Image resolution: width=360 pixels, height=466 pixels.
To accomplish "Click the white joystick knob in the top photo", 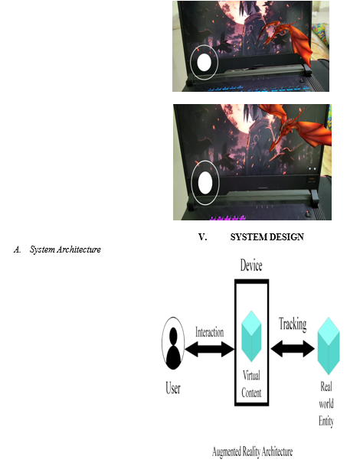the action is click(x=204, y=63).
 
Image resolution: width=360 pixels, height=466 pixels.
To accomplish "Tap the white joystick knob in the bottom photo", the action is click(x=205, y=183).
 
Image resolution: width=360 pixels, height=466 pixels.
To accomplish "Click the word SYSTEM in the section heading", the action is click(x=249, y=237).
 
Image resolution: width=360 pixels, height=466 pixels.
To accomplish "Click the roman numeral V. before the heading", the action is click(x=203, y=237).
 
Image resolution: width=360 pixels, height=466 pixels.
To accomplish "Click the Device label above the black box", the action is click(x=251, y=266).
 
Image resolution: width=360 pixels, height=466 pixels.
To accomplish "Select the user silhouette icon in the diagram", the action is click(x=173, y=344).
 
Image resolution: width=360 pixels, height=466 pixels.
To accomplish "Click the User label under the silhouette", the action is click(x=173, y=388).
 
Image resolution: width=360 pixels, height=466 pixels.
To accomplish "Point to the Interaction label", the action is click(x=209, y=332).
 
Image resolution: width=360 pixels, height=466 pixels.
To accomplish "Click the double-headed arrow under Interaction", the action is click(x=209, y=349).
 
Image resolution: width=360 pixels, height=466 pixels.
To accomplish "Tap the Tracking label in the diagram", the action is click(x=293, y=324).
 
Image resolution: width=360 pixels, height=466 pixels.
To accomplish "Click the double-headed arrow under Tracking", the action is click(x=293, y=349).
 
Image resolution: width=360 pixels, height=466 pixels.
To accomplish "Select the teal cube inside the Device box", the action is click(x=251, y=336).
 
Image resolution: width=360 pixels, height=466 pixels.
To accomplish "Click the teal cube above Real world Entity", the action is click(x=329, y=346).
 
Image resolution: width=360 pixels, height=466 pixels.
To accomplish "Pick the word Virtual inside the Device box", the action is click(x=251, y=376).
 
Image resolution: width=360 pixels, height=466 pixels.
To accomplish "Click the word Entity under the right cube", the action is click(x=326, y=421).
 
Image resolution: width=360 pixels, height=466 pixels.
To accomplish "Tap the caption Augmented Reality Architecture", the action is click(x=252, y=451).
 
